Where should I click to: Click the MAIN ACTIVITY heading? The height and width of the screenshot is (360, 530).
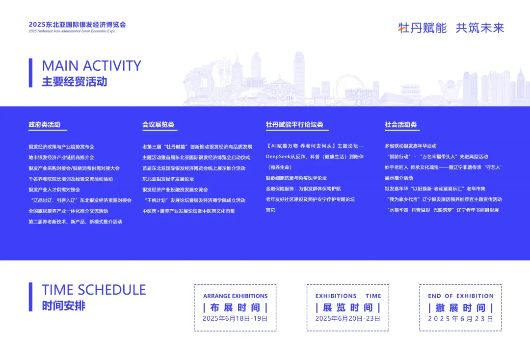(x=92, y=66)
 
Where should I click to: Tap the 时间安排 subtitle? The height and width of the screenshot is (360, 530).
(x=63, y=306)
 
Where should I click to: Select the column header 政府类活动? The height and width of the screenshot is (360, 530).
(x=44, y=125)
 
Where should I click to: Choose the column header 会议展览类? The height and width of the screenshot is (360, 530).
(x=158, y=125)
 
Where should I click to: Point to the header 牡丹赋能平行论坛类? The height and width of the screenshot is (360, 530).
(x=294, y=125)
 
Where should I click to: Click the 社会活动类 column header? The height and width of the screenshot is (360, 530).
(x=400, y=125)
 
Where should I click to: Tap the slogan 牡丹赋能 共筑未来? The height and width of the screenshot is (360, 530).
(x=451, y=28)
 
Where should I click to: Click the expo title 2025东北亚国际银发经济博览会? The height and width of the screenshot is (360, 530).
(x=77, y=25)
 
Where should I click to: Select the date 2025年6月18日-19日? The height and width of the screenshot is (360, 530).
(x=235, y=319)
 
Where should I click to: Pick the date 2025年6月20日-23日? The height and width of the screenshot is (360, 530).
(x=348, y=319)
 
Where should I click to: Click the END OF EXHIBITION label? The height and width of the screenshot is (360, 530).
(x=461, y=296)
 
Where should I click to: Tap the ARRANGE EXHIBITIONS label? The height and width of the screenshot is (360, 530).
(x=235, y=296)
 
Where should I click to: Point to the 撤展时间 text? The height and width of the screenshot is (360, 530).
(x=460, y=308)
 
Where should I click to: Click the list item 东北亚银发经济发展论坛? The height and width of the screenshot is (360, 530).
(x=168, y=179)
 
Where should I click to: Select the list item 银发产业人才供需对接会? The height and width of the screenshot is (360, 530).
(x=54, y=190)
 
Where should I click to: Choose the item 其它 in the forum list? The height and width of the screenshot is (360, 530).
(x=270, y=210)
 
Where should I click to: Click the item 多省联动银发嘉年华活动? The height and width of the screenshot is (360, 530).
(x=410, y=146)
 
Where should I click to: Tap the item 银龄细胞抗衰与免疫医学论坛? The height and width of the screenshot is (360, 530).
(x=296, y=178)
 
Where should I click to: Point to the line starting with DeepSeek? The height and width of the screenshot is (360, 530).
(x=315, y=157)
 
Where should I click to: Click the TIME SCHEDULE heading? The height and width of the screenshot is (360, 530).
(x=94, y=290)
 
